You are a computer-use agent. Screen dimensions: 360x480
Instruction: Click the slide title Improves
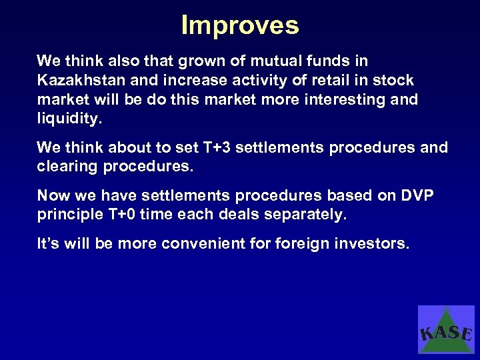point(240,25)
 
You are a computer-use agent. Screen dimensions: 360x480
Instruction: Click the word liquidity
point(68,119)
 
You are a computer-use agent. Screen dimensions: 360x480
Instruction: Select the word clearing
point(67,167)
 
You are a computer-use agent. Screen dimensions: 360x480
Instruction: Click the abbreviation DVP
point(418,195)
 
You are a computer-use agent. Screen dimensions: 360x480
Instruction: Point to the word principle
point(67,215)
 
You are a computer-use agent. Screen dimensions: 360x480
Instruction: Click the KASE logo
point(446,329)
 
